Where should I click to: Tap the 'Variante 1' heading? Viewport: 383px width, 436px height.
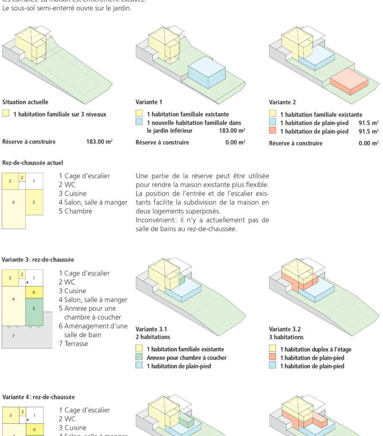(148, 102)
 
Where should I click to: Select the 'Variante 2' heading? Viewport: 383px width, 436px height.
(282, 102)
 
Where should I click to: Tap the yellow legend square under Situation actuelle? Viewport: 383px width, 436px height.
(6, 114)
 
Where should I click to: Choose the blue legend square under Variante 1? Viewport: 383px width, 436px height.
(139, 123)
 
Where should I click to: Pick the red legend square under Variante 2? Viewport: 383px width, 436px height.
(272, 131)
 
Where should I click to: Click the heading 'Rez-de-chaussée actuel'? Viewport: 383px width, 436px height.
(33, 163)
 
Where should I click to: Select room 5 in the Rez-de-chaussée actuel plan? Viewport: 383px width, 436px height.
(34, 203)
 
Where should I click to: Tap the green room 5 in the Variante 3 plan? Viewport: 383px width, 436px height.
(34, 308)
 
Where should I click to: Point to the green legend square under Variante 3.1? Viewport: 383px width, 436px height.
(139, 357)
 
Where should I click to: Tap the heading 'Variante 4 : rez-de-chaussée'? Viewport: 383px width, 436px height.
(38, 396)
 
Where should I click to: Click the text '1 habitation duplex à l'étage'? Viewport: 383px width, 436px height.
(316, 349)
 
